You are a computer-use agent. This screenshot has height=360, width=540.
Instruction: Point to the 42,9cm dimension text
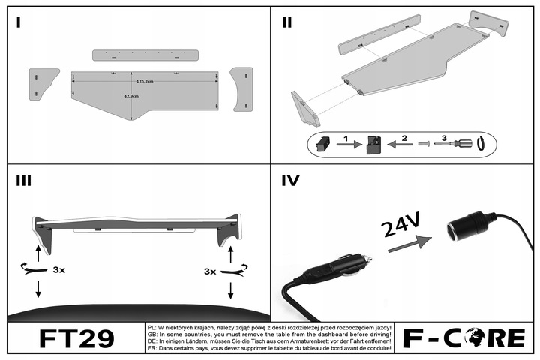[133, 95]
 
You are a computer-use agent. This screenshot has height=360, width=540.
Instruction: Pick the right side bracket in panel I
[243, 88]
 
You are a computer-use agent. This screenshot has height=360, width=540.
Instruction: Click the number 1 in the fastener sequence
[347, 138]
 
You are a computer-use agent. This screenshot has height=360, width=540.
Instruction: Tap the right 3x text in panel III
[210, 270]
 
